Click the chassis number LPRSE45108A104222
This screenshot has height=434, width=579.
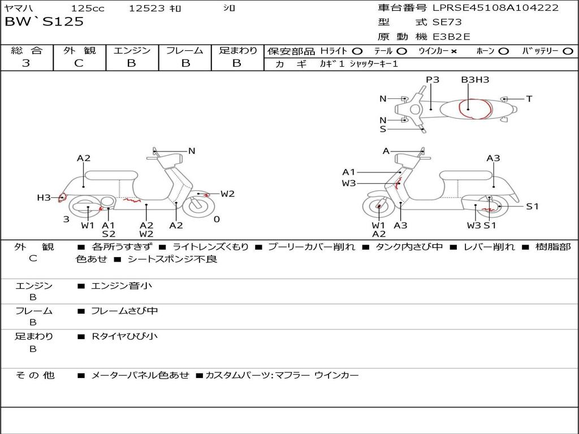pyautogui.click(x=495, y=8)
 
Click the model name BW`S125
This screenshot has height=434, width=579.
pyautogui.click(x=44, y=22)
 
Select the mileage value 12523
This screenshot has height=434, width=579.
pyautogui.click(x=147, y=8)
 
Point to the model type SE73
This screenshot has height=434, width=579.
pyautogui.click(x=447, y=23)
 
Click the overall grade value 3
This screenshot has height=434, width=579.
pyautogui.click(x=26, y=63)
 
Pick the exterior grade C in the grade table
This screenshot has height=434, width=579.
pyautogui.click(x=79, y=63)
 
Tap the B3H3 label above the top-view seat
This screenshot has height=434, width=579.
pyautogui.click(x=475, y=80)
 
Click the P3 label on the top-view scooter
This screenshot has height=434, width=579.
pyautogui.click(x=433, y=80)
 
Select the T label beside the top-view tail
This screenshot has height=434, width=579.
pyautogui.click(x=529, y=99)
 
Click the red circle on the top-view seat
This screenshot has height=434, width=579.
pyautogui.click(x=474, y=108)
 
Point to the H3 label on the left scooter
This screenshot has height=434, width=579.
pyautogui.click(x=44, y=197)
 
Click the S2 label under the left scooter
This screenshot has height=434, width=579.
pyautogui.click(x=109, y=234)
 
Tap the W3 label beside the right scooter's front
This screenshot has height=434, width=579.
pyautogui.click(x=349, y=183)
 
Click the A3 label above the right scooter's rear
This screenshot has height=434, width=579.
pyautogui.click(x=493, y=158)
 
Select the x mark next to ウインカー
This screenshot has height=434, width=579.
pyautogui.click(x=453, y=51)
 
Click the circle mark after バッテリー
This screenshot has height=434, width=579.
pyautogui.click(x=568, y=51)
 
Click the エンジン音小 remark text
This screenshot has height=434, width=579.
pyautogui.click(x=122, y=286)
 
